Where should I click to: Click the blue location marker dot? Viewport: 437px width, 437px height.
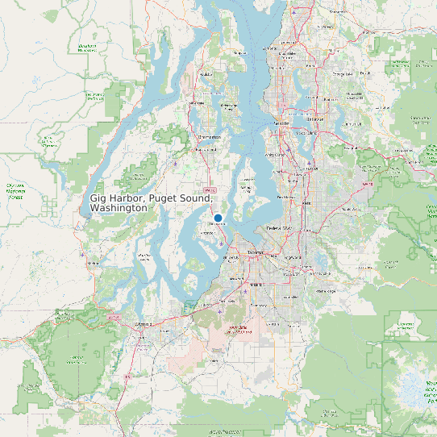[x=218, y=218]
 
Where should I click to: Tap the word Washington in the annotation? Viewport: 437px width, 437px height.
[x=119, y=208]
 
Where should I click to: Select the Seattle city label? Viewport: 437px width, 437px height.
[x=281, y=123]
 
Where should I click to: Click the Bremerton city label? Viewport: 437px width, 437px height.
[x=210, y=137]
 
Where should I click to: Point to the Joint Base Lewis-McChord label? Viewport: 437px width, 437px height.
[x=237, y=328]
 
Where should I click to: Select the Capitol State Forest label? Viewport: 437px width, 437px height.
[x=79, y=357]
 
